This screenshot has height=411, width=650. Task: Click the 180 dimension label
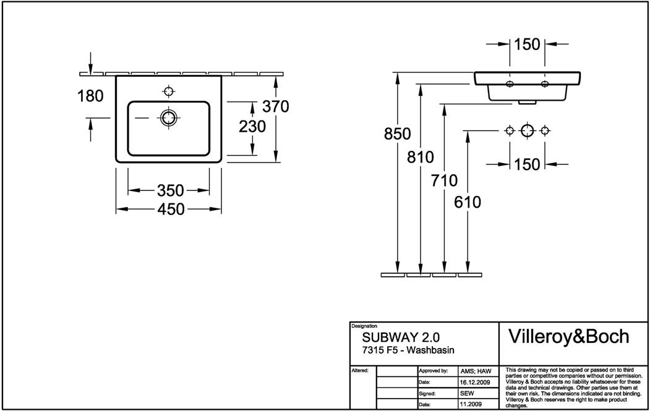pyautogui.click(x=90, y=96)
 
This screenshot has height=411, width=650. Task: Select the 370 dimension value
pyautogui.click(x=276, y=106)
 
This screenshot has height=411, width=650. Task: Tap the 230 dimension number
pyautogui.click(x=252, y=127)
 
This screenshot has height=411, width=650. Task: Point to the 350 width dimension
pyautogui.click(x=171, y=190)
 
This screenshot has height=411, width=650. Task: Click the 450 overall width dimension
pyautogui.click(x=171, y=210)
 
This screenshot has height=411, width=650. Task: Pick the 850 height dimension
pyautogui.click(x=397, y=134)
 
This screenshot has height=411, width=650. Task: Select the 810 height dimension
pyautogui.click(x=421, y=157)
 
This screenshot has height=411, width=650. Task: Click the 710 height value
pyautogui.click(x=445, y=181)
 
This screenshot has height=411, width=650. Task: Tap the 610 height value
pyautogui.click(x=468, y=201)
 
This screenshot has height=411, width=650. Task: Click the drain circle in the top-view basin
pyautogui.click(x=168, y=117)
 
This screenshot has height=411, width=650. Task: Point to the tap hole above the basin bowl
pyautogui.click(x=168, y=91)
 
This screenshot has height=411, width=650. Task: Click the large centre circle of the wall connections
pyautogui.click(x=527, y=130)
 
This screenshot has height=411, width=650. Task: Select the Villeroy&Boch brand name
pyautogui.click(x=568, y=336)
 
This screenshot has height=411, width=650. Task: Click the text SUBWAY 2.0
pyautogui.click(x=401, y=338)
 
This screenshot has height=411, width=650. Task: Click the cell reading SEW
pyautogui.click(x=467, y=393)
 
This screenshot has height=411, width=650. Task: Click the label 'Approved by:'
pyautogui.click(x=434, y=371)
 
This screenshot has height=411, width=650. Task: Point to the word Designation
pyautogui.click(x=364, y=326)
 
